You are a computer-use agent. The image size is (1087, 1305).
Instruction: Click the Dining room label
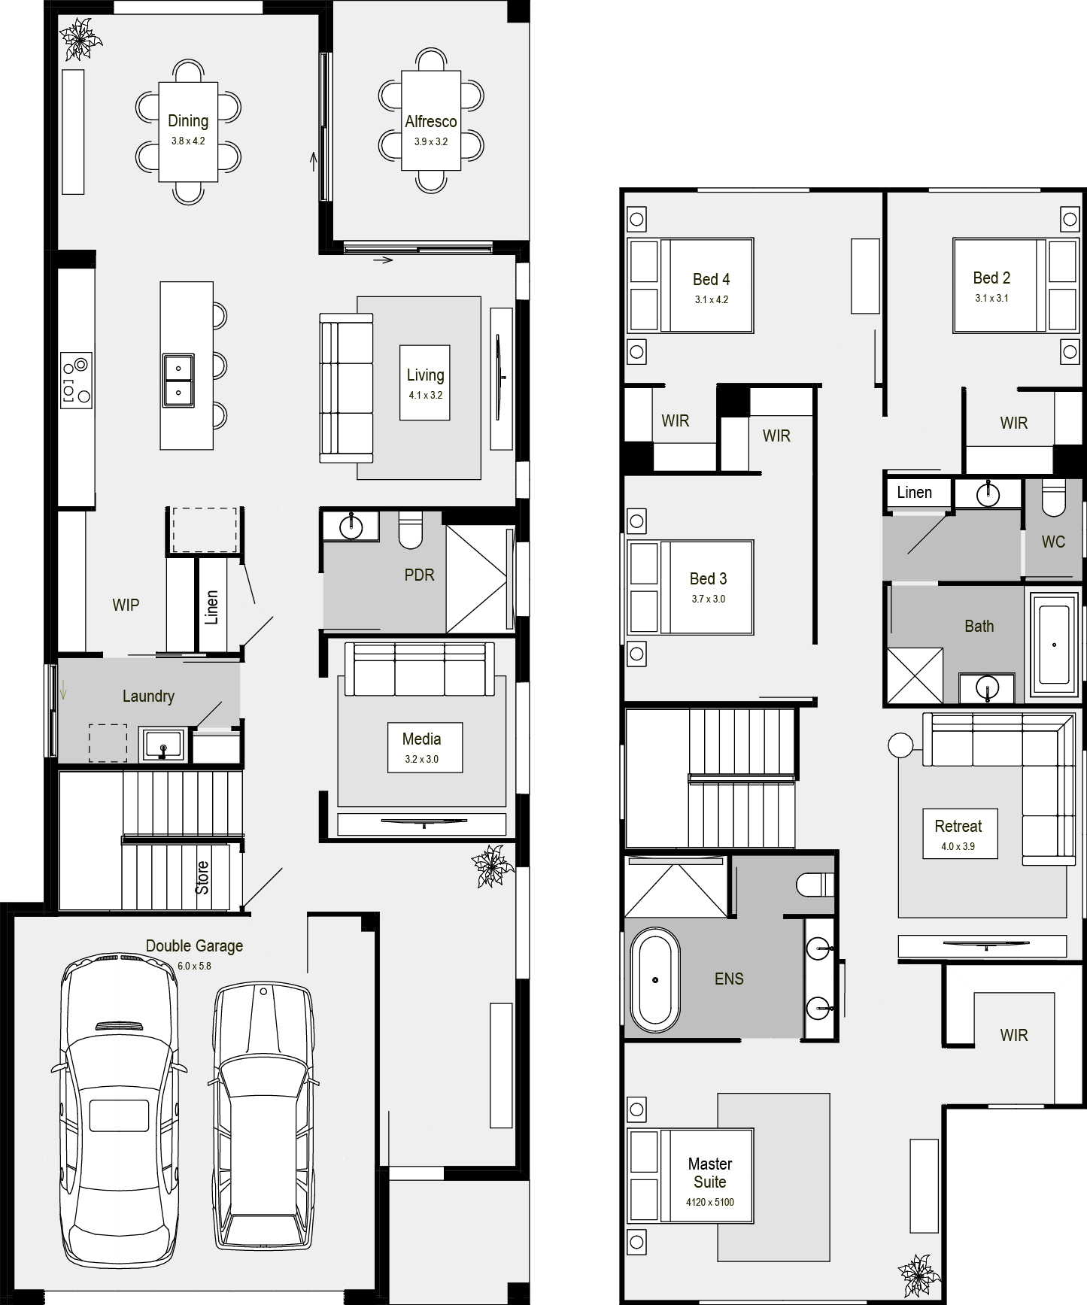pyautogui.click(x=188, y=121)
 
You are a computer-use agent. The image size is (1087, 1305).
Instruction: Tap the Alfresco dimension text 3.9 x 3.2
pyautogui.click(x=431, y=141)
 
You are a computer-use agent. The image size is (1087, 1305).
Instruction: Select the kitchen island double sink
pyautogui.click(x=178, y=380)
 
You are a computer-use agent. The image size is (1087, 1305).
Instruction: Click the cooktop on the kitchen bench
pyautogui.click(x=76, y=381)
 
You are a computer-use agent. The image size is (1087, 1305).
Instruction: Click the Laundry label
pyautogui.click(x=148, y=697)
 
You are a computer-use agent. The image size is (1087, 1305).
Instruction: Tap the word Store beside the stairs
pyautogui.click(x=202, y=878)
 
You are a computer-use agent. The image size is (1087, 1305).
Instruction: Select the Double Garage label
pyautogui.click(x=194, y=946)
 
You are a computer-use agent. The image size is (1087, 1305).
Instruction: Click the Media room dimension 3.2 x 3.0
pyautogui.click(x=422, y=759)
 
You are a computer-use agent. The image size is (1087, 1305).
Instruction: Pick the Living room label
pyautogui.click(x=426, y=375)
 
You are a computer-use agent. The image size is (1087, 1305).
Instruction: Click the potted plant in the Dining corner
pyautogui.click(x=80, y=39)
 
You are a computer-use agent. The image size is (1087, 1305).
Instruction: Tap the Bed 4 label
pyautogui.click(x=712, y=279)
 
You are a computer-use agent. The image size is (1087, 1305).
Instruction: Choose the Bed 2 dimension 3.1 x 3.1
pyautogui.click(x=991, y=298)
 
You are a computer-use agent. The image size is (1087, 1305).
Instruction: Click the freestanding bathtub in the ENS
pyautogui.click(x=655, y=980)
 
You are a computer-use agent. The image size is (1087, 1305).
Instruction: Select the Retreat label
pyautogui.click(x=958, y=826)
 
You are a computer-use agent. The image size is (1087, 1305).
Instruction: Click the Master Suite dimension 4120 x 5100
pyautogui.click(x=709, y=1202)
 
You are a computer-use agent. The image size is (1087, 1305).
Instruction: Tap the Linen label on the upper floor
pyautogui.click(x=915, y=493)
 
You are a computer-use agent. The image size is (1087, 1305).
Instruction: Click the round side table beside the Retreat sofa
pyautogui.click(x=900, y=745)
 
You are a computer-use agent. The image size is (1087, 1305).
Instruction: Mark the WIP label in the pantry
pyautogui.click(x=126, y=605)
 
